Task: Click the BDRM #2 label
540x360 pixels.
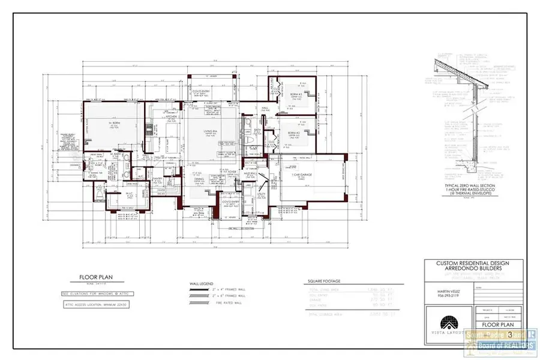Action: (x=293, y=132)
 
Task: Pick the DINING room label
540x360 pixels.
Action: (x=199, y=179)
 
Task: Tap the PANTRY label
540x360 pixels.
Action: (x=158, y=178)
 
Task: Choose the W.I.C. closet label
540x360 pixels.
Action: (x=129, y=193)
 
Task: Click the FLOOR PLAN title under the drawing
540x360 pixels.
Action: (x=93, y=278)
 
